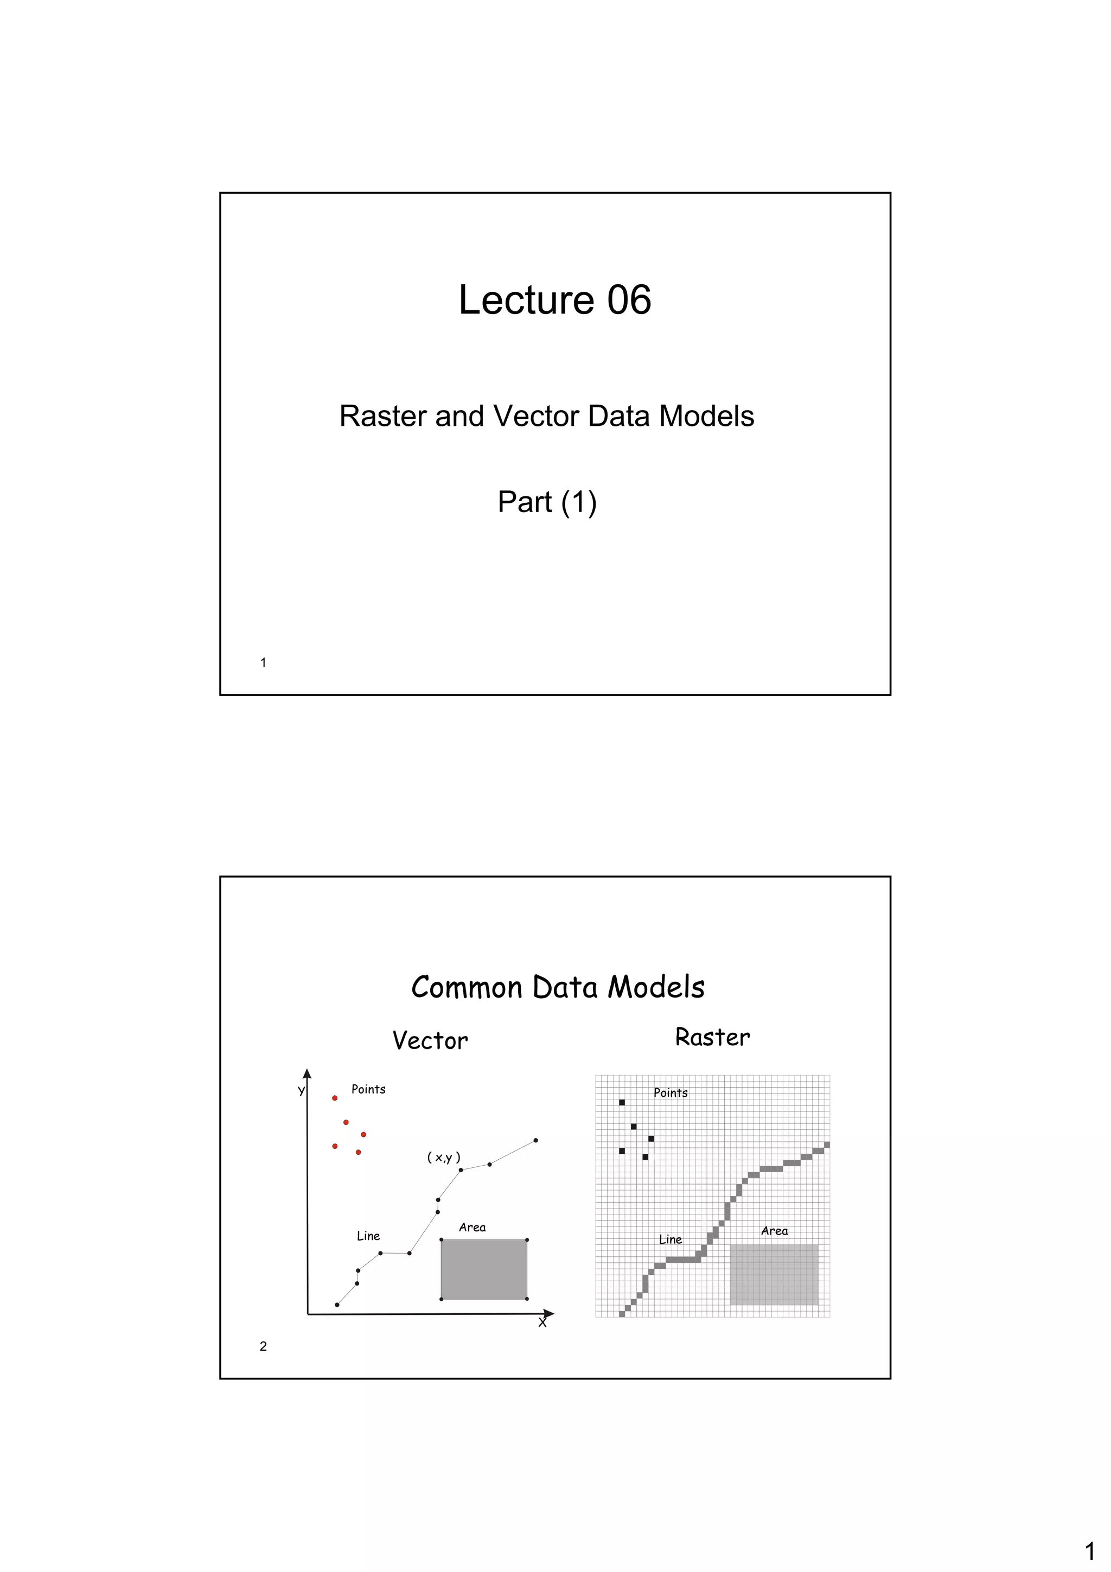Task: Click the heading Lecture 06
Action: pyautogui.click(x=554, y=300)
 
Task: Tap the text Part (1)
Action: pyautogui.click(x=547, y=502)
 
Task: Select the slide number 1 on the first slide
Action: pyautogui.click(x=263, y=662)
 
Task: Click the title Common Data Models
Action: pyautogui.click(x=557, y=987)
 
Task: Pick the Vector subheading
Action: pyautogui.click(x=430, y=1041)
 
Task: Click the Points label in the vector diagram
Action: pyautogui.click(x=368, y=1089)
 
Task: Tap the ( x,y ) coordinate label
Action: pyautogui.click(x=444, y=1157)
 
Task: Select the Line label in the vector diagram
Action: pyautogui.click(x=368, y=1236)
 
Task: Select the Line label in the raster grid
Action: pyautogui.click(x=670, y=1239)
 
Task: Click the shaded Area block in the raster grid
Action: pyautogui.click(x=774, y=1274)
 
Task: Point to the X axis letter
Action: pyautogui.click(x=542, y=1323)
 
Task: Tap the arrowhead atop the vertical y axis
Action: pyautogui.click(x=308, y=1073)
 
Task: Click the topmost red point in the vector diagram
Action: pyautogui.click(x=335, y=1098)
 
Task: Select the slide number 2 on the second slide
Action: pyautogui.click(x=263, y=1346)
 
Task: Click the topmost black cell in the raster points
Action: pyautogui.click(x=622, y=1102)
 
